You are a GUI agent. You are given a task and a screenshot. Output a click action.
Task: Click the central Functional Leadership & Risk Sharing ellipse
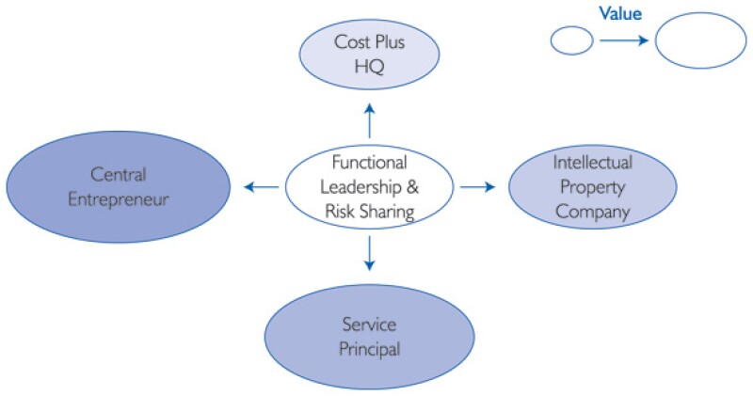click(369, 186)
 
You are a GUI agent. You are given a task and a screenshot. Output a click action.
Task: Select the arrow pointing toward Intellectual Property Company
click(477, 187)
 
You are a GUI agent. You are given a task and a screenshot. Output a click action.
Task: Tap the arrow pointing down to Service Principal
click(369, 251)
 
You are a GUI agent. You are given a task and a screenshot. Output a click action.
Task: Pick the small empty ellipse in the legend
click(570, 40)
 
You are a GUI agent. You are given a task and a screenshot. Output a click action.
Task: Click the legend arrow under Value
click(622, 40)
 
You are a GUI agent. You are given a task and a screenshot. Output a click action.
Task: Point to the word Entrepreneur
click(117, 199)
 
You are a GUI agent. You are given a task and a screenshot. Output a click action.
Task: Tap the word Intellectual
click(592, 163)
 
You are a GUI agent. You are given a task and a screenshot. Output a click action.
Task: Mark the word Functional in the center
click(369, 161)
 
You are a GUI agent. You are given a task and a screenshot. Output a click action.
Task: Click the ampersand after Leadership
click(412, 186)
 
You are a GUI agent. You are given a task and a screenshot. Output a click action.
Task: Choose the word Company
click(592, 213)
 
